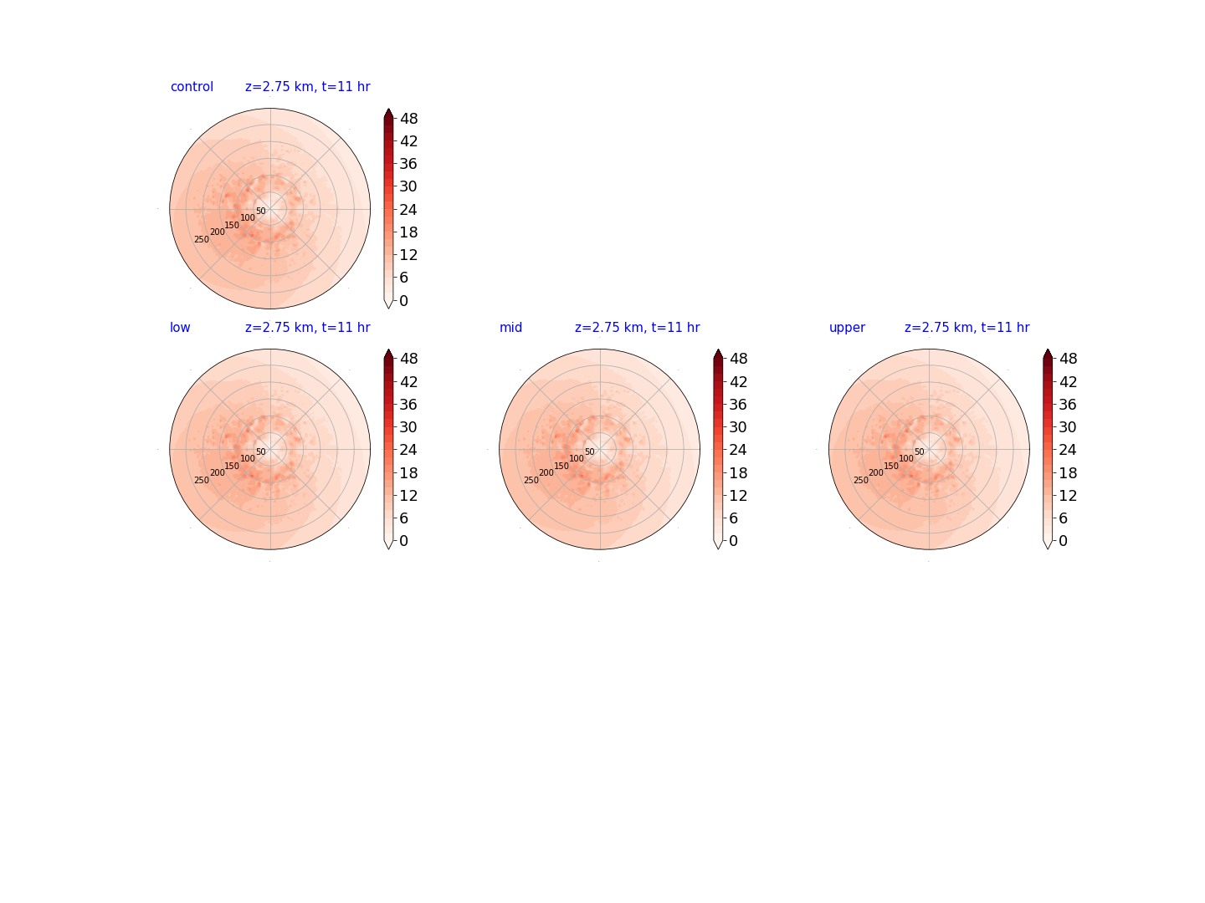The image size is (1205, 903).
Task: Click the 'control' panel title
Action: pos(192,87)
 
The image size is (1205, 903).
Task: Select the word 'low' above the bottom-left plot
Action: pos(180,327)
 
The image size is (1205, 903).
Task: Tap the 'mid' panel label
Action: pos(510,327)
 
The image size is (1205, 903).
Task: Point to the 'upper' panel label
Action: pos(847,328)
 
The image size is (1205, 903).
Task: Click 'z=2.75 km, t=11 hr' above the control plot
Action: pos(307,87)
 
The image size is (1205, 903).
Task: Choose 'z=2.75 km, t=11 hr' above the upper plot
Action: pos(967,327)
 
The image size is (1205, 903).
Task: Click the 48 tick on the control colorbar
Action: pos(409,119)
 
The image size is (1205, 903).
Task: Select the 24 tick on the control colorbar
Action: pos(408,209)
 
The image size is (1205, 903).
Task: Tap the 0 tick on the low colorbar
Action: pos(404,541)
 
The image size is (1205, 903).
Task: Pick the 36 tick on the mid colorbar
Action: pos(738,405)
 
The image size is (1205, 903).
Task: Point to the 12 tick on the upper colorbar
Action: pos(1068,496)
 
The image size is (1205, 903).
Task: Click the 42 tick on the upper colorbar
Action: pos(1068,381)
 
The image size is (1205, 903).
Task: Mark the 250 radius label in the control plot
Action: pos(202,240)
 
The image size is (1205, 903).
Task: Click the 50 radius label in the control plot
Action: pos(261,211)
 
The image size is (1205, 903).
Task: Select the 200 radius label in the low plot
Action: pos(218,472)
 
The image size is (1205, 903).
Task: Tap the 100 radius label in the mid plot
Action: pos(577,458)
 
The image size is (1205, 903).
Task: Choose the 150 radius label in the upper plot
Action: pos(891,466)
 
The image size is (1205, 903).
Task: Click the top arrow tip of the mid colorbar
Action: pos(717,349)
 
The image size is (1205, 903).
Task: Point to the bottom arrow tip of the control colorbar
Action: pos(388,309)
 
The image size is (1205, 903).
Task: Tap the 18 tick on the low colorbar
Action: pos(408,472)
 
